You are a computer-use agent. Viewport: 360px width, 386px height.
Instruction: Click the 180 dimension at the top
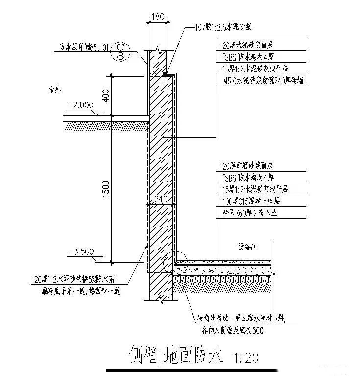click(x=157, y=17)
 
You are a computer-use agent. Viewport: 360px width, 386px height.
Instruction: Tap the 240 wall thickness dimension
click(x=161, y=200)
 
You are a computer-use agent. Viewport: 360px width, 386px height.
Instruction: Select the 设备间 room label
click(x=247, y=247)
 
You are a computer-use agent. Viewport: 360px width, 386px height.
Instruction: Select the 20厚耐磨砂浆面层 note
click(x=247, y=166)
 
